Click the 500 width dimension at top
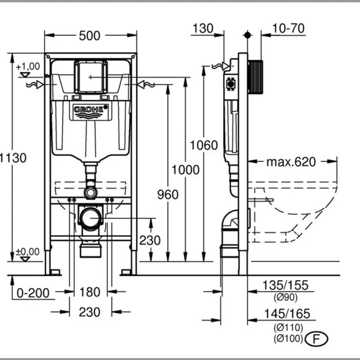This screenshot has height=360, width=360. click(x=89, y=35)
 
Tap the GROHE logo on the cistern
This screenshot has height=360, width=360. click(x=91, y=110)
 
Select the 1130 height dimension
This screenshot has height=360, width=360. click(x=12, y=157)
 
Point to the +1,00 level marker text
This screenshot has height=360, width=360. click(x=27, y=66)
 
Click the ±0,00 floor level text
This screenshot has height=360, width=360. click(x=27, y=251)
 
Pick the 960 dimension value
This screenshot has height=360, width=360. click(x=168, y=194)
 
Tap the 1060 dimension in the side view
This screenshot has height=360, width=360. click(x=204, y=146)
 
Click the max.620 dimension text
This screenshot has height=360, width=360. click(x=291, y=162)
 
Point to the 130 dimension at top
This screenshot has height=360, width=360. click(x=203, y=28)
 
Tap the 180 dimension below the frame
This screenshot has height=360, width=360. click(x=89, y=292)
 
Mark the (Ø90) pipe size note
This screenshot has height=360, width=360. click(x=286, y=297)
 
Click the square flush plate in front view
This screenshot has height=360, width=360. click(x=91, y=77)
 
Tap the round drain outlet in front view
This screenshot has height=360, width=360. click(x=91, y=218)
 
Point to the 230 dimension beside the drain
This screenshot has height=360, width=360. click(x=150, y=240)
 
